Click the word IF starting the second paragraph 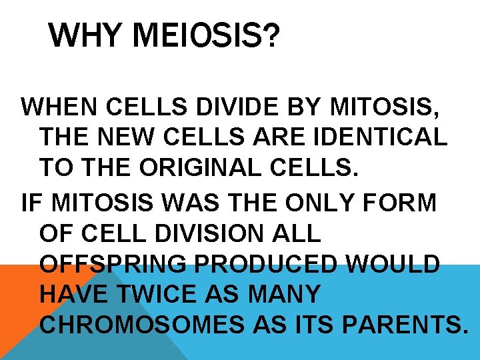29,203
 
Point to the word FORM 408,203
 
